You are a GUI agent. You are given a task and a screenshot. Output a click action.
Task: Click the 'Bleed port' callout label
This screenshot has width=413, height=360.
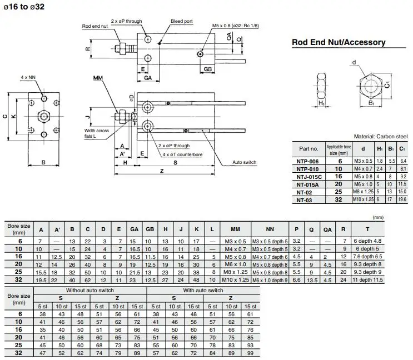pyautogui.click(x=181, y=21)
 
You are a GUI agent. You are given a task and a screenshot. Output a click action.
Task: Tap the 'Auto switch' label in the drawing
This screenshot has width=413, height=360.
pyautogui.click(x=244, y=162)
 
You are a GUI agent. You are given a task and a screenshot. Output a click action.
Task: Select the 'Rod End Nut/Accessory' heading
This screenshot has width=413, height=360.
pyautogui.click(x=339, y=42)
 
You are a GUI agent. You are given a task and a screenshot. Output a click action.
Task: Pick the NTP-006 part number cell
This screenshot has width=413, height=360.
pyautogui.click(x=307, y=160)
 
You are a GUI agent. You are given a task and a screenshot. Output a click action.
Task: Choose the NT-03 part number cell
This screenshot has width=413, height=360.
pyautogui.click(x=307, y=199)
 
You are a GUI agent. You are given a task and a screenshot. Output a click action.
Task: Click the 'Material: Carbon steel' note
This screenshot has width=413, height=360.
pyautogui.click(x=381, y=137)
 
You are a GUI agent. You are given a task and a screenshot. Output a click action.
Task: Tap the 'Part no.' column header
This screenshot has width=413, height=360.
pyautogui.click(x=308, y=148)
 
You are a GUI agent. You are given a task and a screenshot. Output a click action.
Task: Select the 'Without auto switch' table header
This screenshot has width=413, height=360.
pyautogui.click(x=90, y=291)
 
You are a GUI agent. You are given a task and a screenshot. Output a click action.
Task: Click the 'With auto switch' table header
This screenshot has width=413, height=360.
pyautogui.click(x=203, y=291)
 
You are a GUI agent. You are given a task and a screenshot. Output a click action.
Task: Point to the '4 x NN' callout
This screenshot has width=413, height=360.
pyautogui.click(x=28, y=77)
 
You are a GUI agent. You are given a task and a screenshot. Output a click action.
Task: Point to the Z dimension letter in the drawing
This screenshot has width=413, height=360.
pyautogui.click(x=162, y=172)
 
